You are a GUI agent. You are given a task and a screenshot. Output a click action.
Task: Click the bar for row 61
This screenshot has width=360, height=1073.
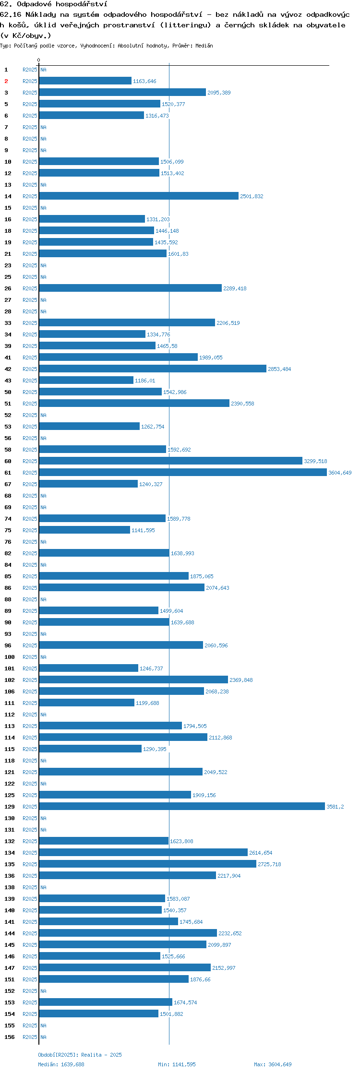[183, 473]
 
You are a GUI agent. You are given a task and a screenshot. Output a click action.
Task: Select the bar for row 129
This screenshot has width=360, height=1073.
[182, 807]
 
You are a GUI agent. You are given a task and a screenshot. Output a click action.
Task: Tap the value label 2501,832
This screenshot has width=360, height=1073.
[252, 196]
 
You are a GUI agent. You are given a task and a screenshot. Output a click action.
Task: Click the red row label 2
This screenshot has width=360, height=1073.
[6, 81]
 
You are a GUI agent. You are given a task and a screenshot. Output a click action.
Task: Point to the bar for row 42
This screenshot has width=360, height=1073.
[153, 369]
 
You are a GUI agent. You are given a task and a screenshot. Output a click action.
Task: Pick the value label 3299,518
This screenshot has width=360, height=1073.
[315, 461]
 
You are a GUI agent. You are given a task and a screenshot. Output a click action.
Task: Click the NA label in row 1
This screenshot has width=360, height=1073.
[43, 70]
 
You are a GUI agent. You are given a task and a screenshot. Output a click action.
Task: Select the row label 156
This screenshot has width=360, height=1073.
[10, 1037]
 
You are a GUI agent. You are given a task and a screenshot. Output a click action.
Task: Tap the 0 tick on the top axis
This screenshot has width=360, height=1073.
[39, 60]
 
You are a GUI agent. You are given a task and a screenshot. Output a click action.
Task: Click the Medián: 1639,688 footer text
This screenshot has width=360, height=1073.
[61, 1064]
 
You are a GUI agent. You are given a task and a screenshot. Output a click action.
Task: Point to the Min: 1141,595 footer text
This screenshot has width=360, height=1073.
[177, 1064]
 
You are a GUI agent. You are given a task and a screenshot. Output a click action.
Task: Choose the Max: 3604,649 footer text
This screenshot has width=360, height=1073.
[273, 1064]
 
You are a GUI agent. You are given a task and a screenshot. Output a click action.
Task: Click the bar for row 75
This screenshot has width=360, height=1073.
[84, 530]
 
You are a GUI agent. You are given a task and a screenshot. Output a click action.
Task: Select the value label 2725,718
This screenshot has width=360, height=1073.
[269, 864]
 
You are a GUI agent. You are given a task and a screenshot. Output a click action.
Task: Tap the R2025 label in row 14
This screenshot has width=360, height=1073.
[30, 196]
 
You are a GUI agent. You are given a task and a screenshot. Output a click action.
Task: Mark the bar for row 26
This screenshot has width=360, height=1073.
[130, 288]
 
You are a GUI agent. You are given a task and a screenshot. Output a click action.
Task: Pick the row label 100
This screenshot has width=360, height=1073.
[10, 657]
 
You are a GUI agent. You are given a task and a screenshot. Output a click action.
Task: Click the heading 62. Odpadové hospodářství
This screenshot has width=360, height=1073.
[54, 4]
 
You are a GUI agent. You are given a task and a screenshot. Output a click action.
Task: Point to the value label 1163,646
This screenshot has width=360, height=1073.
[144, 81]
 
